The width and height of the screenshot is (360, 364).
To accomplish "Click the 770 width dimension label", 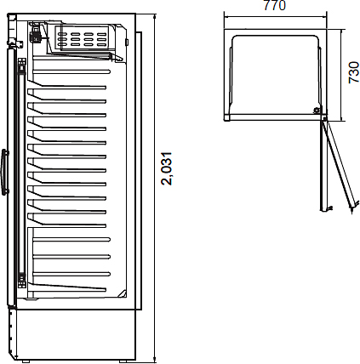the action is (x=275, y=5).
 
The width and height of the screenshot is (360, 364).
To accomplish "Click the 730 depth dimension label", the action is (x=354, y=72).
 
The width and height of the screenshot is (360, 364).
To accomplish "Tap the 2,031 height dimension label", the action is (x=167, y=169).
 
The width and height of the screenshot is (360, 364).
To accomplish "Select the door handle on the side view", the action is (x=5, y=172).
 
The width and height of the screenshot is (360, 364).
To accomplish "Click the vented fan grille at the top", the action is (x=82, y=37).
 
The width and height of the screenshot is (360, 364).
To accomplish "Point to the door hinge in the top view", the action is (x=324, y=118).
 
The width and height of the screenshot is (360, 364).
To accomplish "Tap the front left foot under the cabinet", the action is (x=26, y=361).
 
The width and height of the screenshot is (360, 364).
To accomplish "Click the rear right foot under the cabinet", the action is (x=123, y=361).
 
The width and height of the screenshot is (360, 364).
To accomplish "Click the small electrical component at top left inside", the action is (x=36, y=33).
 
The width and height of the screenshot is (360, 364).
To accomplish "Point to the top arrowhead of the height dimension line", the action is (x=155, y=16).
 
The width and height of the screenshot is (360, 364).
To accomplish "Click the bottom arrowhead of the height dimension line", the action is (x=155, y=360).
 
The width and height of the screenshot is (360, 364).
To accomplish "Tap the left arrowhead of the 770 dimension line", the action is (x=226, y=16).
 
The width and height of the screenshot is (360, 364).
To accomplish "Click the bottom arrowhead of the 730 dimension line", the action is (x=342, y=119).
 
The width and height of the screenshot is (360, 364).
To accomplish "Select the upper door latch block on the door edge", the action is (x=22, y=65).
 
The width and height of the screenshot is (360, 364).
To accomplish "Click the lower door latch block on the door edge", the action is (x=22, y=281).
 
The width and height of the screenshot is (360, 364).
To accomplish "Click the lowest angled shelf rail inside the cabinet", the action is (x=66, y=287).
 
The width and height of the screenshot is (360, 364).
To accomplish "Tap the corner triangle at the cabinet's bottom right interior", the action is (x=123, y=293).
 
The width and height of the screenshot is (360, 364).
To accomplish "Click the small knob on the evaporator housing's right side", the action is (x=127, y=42).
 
